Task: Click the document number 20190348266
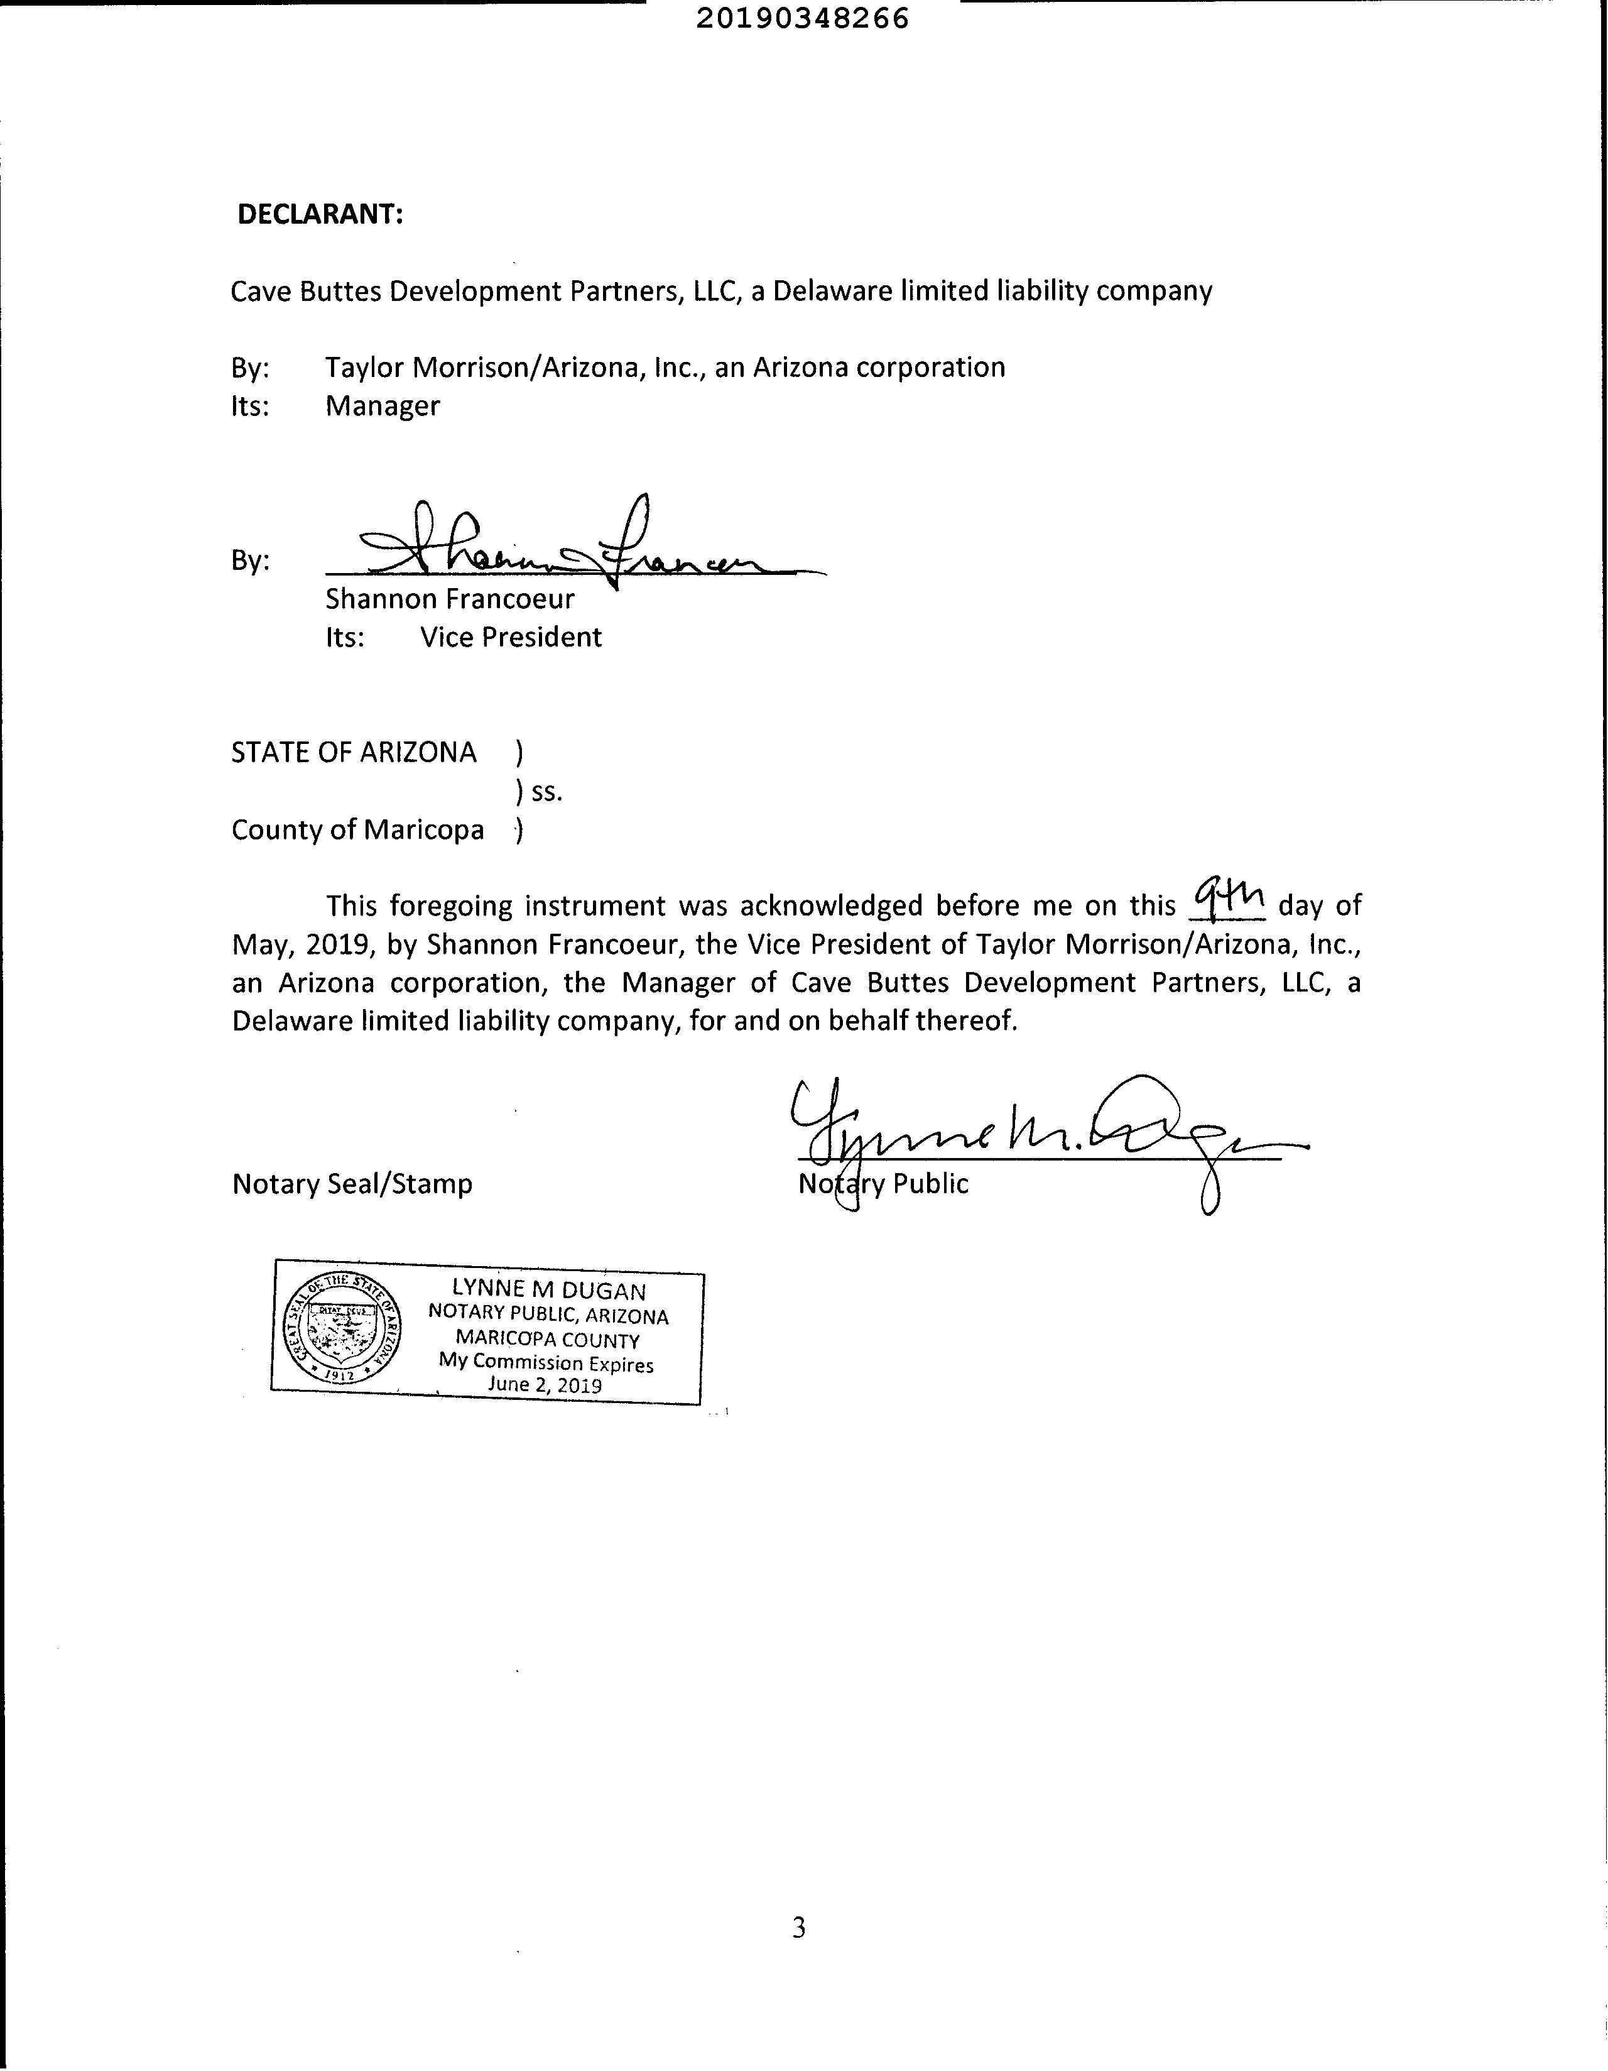tap(802, 19)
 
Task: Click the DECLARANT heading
tap(320, 214)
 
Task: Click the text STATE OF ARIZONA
tap(354, 752)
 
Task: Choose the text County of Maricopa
tap(357, 830)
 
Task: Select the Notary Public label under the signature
tap(884, 1183)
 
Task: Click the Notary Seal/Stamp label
tap(352, 1183)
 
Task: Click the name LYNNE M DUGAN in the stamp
tap(549, 1289)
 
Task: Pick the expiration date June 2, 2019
tap(545, 1384)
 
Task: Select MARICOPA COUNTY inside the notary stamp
tap(547, 1339)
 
